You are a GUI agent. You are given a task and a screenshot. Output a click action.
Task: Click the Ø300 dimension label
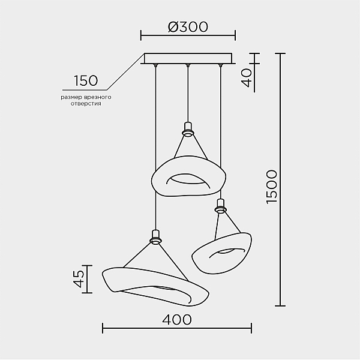pyautogui.click(x=188, y=26)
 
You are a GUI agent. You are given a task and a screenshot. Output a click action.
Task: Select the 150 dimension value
pyautogui.click(x=86, y=80)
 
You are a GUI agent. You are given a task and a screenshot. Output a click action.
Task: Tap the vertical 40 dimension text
pyautogui.click(x=247, y=78)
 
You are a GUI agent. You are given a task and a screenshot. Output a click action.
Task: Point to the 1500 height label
pyautogui.click(x=272, y=187)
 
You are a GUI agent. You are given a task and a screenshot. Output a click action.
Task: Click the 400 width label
pyautogui.click(x=177, y=319)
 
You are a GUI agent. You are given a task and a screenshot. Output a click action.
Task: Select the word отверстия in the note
pyautogui.click(x=86, y=104)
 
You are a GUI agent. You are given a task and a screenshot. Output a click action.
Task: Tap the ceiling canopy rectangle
pyautogui.click(x=188, y=58)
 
